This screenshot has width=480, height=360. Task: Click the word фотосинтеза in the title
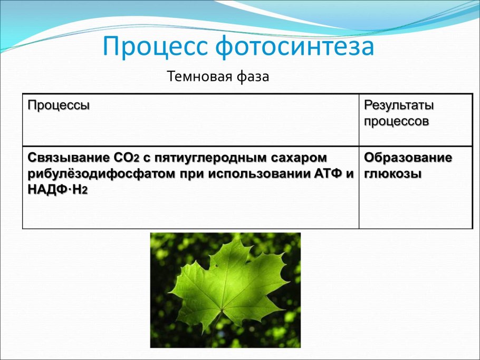295,47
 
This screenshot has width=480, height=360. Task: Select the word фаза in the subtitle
253,76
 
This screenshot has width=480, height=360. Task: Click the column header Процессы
59,104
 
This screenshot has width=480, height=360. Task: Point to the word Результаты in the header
399,105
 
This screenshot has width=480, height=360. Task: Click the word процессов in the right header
396,121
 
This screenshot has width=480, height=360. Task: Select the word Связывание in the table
68,158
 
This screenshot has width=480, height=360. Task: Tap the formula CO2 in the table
126,158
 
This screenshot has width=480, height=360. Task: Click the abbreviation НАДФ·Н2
57,190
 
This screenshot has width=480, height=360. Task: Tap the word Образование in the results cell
408,158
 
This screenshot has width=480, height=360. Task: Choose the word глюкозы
392,174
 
